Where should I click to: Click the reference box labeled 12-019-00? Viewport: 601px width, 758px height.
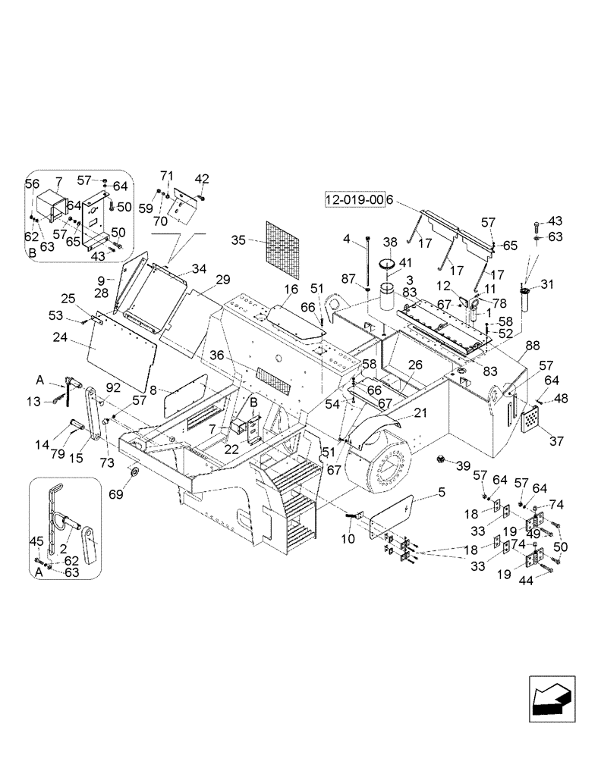pos(354,200)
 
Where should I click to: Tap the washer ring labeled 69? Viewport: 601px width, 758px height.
pos(134,474)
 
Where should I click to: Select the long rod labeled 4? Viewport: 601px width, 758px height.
pos(367,262)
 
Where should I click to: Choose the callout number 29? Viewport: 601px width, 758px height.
pos(222,280)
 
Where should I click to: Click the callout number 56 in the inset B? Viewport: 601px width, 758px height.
pos(32,183)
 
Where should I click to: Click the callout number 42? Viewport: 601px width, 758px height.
pos(201,179)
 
